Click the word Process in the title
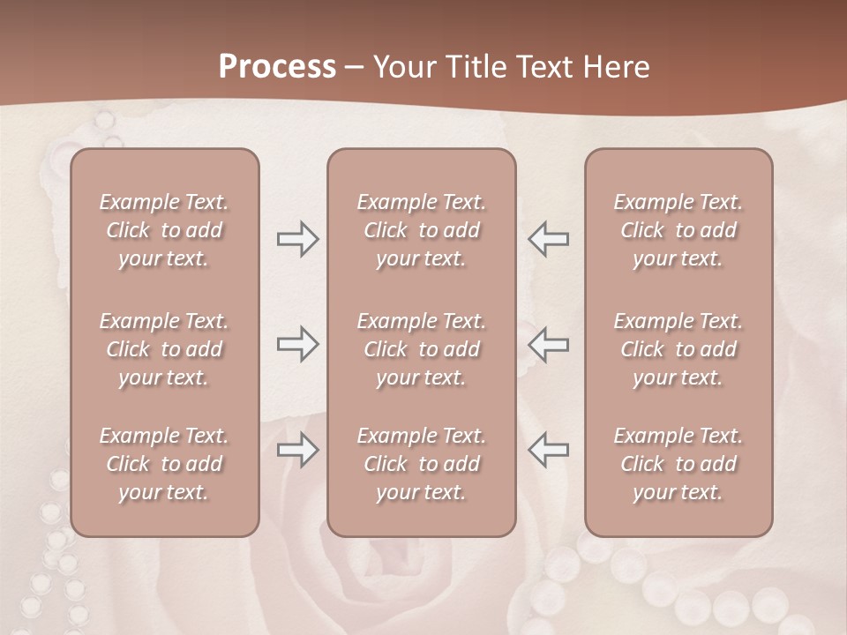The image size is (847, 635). (277, 67)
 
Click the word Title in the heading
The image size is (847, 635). (476, 67)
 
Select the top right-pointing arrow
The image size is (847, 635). (297, 239)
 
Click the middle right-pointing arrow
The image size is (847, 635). (297, 344)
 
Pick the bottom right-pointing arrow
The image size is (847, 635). (297, 451)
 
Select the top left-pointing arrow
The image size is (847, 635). (549, 239)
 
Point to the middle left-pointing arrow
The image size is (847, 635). (549, 344)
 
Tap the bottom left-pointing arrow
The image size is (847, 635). (549, 451)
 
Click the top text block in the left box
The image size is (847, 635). (164, 230)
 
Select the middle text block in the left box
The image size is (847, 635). (164, 349)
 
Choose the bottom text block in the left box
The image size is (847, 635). (164, 464)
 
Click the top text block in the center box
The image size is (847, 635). (421, 230)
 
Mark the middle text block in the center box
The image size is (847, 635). (421, 349)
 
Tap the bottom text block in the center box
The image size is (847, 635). (421, 464)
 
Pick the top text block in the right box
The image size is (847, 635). (678, 230)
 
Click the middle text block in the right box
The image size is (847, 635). (678, 349)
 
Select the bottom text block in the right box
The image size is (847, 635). (678, 464)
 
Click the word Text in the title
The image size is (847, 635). (548, 67)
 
